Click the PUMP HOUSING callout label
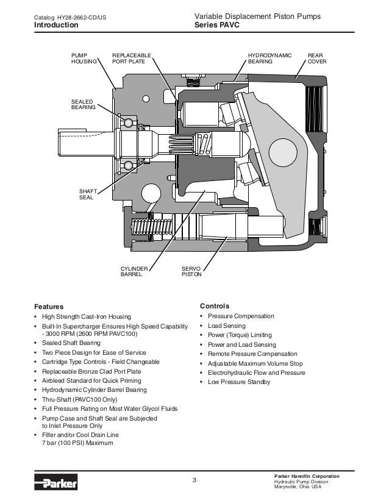84,58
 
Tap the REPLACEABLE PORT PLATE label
130,58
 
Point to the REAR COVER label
316,58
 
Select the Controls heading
215,305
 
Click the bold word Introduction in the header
55,26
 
